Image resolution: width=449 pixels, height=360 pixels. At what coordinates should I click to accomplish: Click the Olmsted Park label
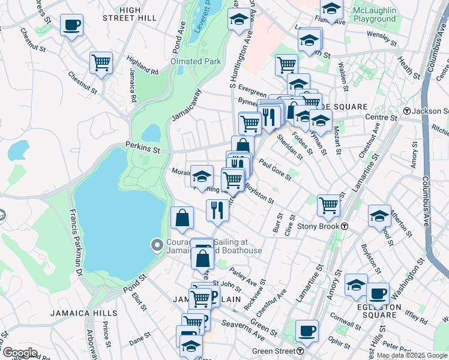point(196,61)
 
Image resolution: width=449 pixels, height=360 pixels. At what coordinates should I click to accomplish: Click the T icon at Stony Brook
point(345,226)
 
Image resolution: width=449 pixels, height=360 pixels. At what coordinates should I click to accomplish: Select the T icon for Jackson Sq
point(406,111)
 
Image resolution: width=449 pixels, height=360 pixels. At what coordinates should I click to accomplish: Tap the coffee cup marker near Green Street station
point(307,331)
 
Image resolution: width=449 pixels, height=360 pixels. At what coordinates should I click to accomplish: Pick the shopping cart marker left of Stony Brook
point(329,205)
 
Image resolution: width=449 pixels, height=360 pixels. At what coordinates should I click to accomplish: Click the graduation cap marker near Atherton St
point(379,216)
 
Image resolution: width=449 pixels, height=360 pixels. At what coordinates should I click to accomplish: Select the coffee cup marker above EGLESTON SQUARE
point(378,293)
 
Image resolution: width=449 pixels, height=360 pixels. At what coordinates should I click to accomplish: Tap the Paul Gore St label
point(275,169)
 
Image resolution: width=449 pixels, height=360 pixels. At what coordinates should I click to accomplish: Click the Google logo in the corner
point(19,353)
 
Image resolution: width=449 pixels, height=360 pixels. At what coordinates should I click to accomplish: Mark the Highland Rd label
point(142,65)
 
